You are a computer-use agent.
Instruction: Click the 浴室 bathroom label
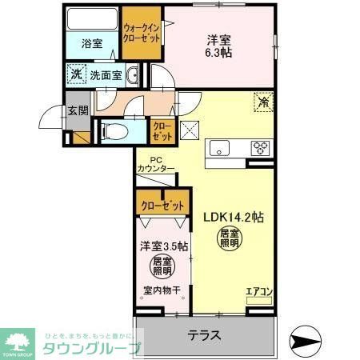click(x=92, y=44)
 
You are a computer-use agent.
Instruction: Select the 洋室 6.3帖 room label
click(x=218, y=46)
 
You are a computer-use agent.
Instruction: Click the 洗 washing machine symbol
click(x=74, y=75)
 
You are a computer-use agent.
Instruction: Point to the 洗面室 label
click(x=105, y=75)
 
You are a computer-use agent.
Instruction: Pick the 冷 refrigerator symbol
click(x=262, y=102)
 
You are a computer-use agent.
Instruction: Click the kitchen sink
click(x=218, y=147)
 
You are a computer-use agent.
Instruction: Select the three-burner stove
click(x=260, y=147)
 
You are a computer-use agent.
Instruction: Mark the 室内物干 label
click(x=161, y=292)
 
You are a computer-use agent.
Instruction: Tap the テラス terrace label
click(x=204, y=334)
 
